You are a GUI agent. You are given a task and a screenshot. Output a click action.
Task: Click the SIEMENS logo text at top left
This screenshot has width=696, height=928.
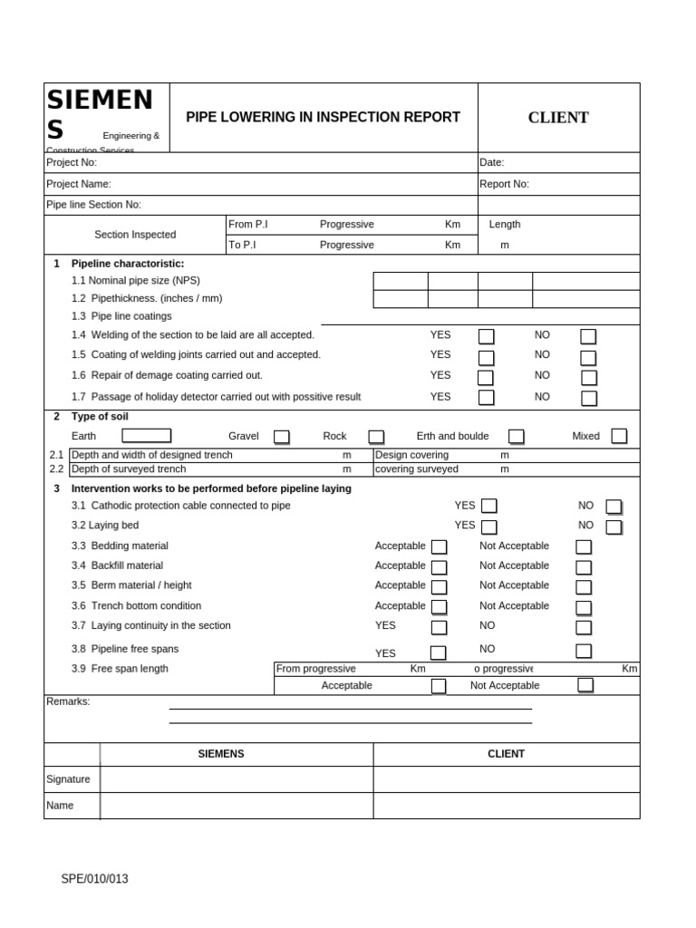[x=100, y=114]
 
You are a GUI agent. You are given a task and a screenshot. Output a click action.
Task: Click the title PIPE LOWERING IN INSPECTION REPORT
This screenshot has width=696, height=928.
[x=323, y=117]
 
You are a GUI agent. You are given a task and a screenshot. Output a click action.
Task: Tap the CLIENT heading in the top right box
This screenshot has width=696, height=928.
[x=558, y=118]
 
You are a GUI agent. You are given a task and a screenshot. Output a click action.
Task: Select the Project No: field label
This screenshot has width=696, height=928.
[x=72, y=162]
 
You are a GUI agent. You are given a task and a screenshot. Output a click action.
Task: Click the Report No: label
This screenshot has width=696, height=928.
[x=504, y=184]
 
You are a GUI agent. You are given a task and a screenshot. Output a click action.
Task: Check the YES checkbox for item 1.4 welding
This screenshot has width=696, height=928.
[x=487, y=337]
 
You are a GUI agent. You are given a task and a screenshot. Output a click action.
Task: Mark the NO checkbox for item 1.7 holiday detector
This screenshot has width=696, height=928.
[x=589, y=398]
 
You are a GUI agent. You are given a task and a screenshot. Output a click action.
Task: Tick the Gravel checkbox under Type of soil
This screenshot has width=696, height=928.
[x=282, y=437]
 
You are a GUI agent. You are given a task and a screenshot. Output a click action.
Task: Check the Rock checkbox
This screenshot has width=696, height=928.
[x=376, y=437]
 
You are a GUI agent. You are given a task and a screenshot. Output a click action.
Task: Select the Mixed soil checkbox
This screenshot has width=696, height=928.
[x=619, y=436]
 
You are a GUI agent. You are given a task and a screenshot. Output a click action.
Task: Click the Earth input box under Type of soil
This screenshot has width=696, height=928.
[x=140, y=436]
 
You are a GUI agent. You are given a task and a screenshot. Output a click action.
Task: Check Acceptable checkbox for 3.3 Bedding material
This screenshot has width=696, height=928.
[x=439, y=546]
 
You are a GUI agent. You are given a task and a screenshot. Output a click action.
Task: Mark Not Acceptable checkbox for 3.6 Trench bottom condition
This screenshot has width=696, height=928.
[x=584, y=607]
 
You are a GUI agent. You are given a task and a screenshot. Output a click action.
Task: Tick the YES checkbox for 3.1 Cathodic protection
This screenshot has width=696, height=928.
[x=489, y=506]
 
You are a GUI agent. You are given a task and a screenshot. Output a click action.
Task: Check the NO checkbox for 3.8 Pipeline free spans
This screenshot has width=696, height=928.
[x=584, y=651]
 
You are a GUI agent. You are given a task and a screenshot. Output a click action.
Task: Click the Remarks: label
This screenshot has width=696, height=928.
[x=68, y=701]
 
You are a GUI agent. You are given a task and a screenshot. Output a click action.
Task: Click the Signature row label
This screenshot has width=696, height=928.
[x=68, y=779]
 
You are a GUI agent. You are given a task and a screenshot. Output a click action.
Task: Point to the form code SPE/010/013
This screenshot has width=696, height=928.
[x=94, y=878]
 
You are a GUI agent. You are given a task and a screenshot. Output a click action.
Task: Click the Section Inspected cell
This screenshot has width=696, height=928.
[x=135, y=235]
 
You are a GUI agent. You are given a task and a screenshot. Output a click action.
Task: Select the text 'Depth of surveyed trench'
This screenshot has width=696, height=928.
[x=129, y=469]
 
